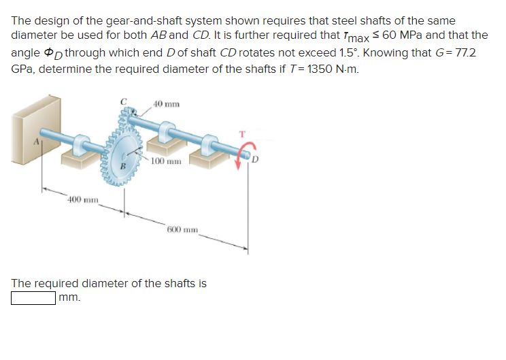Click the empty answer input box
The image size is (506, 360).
[x=33, y=298]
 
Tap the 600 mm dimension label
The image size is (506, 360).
[x=181, y=229]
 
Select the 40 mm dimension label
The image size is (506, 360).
[x=167, y=104]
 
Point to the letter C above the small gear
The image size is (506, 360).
[x=123, y=102]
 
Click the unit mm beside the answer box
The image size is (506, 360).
[x=69, y=298]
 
